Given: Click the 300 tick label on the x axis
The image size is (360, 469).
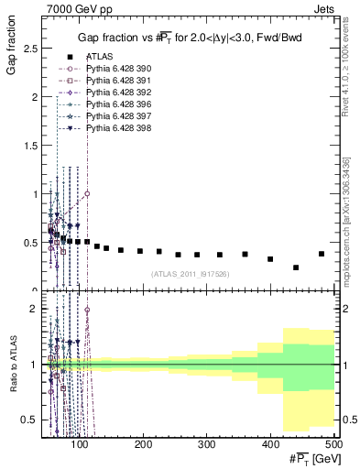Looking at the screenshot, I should [206, 444].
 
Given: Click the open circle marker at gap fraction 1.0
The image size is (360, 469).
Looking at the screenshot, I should [87, 194].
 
